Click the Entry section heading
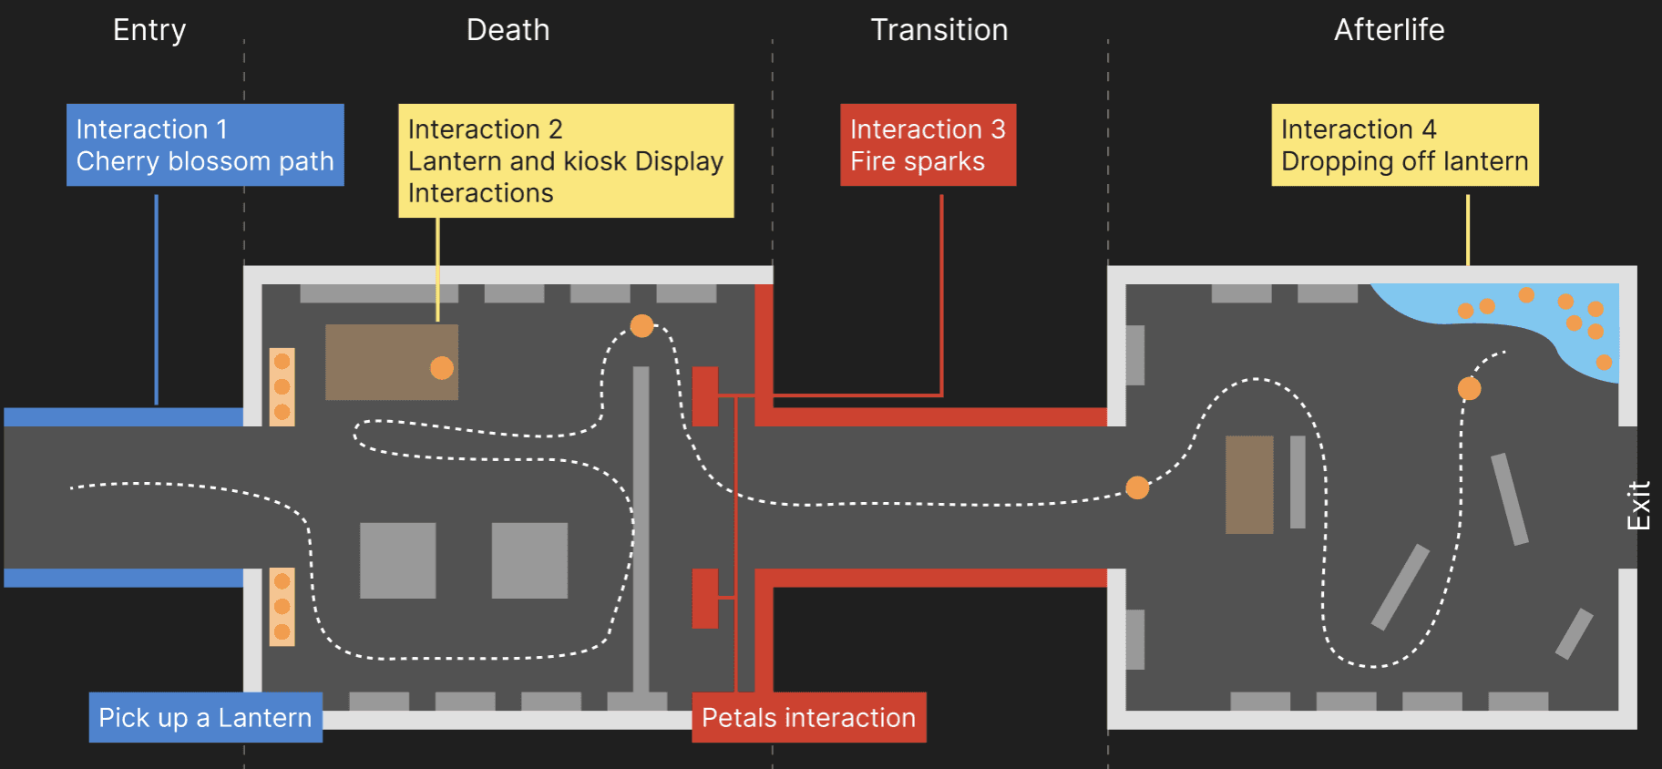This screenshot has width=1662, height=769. click(149, 30)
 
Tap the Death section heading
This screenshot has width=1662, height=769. click(508, 30)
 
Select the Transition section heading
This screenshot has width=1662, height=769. click(939, 30)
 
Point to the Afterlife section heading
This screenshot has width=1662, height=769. click(1389, 30)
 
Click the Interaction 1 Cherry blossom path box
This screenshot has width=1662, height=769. click(205, 145)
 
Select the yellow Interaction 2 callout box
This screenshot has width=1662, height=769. click(566, 160)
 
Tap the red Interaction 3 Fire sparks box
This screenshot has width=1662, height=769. click(928, 145)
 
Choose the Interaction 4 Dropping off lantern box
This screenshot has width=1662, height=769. click(1404, 145)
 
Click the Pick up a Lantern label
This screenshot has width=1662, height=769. click(205, 718)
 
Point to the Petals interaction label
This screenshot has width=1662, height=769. click(808, 718)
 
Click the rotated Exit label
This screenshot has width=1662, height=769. click(1638, 506)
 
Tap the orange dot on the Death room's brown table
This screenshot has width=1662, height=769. click(442, 367)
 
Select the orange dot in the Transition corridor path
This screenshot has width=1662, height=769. click(1137, 487)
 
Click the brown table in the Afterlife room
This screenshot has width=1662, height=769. click(1248, 485)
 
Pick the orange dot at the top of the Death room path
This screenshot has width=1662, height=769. click(641, 325)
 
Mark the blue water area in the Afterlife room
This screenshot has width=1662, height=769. click(1549, 319)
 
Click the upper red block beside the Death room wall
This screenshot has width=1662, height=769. click(705, 396)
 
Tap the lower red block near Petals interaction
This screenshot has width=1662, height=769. click(705, 599)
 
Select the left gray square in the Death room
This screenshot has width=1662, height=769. click(397, 560)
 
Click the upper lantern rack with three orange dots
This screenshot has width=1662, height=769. click(282, 387)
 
